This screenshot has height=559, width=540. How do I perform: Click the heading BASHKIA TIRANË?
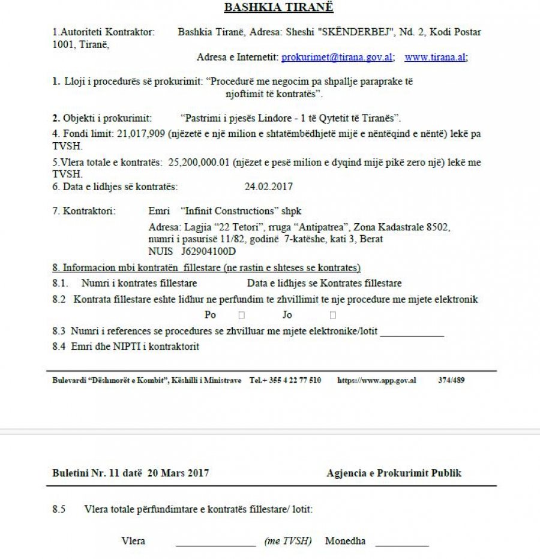pyautogui.click(x=278, y=8)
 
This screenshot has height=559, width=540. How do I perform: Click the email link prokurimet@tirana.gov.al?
pyautogui.click(x=338, y=57)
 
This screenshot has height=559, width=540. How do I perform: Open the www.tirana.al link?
pyautogui.click(x=436, y=57)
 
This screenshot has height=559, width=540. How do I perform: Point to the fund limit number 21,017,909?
pyautogui.click(x=142, y=134)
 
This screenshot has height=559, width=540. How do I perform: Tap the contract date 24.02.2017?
pyautogui.click(x=268, y=187)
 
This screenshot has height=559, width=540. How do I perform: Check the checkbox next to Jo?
pyautogui.click(x=332, y=315)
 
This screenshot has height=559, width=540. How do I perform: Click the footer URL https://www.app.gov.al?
pyautogui.click(x=377, y=380)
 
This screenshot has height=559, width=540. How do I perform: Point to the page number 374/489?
pyautogui.click(x=451, y=380)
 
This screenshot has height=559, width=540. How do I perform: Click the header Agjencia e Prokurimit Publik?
pyautogui.click(x=394, y=473)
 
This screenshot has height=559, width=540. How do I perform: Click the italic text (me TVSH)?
pyautogui.click(x=288, y=541)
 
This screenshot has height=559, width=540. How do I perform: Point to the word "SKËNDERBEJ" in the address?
pyautogui.click(x=367, y=32)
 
